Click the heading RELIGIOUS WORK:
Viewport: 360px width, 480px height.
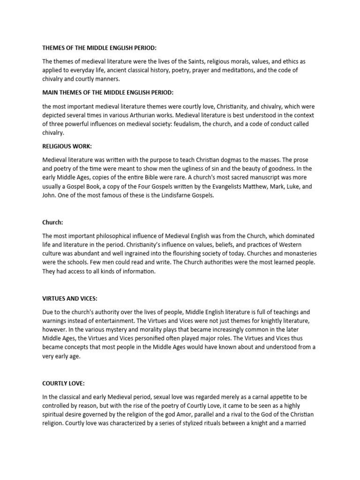tap(66, 146)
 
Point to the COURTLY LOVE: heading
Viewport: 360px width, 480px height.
tap(63, 383)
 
